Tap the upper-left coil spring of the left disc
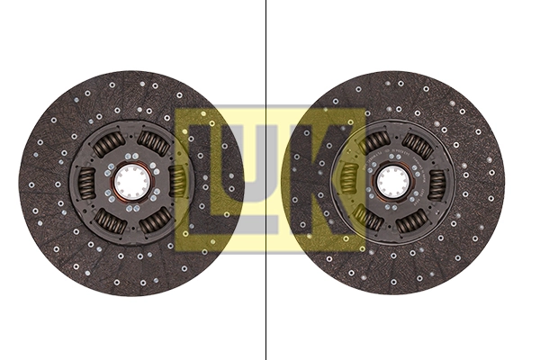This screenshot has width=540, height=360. coord(110,143)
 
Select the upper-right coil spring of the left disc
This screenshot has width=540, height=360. coord(154,143)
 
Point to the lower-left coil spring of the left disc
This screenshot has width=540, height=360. coord(110,220)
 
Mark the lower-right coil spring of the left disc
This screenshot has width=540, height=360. coord(154,220)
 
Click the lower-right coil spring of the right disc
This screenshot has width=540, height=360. coord(415,220)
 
